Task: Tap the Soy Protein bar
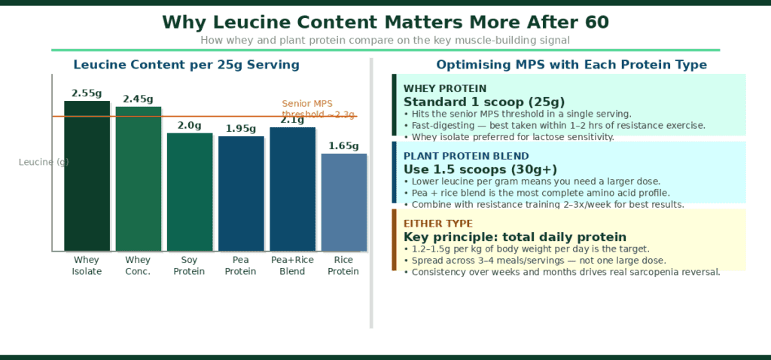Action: point(190,191)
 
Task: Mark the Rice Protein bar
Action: point(344,202)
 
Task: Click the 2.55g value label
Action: point(87,93)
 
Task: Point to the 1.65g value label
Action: point(344,146)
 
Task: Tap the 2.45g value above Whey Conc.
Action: point(139,99)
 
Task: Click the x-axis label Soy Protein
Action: point(190,266)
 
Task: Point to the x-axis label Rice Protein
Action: point(344,266)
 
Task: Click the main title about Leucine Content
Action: point(385,22)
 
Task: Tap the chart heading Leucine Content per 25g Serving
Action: point(186,65)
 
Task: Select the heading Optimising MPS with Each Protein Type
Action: point(571,65)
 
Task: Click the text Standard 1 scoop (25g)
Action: point(484,102)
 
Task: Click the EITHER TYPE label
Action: point(438,224)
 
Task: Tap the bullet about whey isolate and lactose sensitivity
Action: point(509,137)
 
